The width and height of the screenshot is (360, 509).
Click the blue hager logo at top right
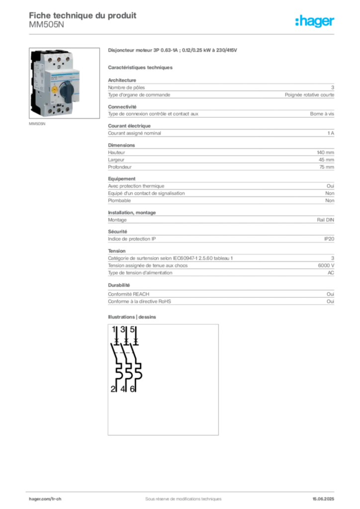(315, 21)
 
